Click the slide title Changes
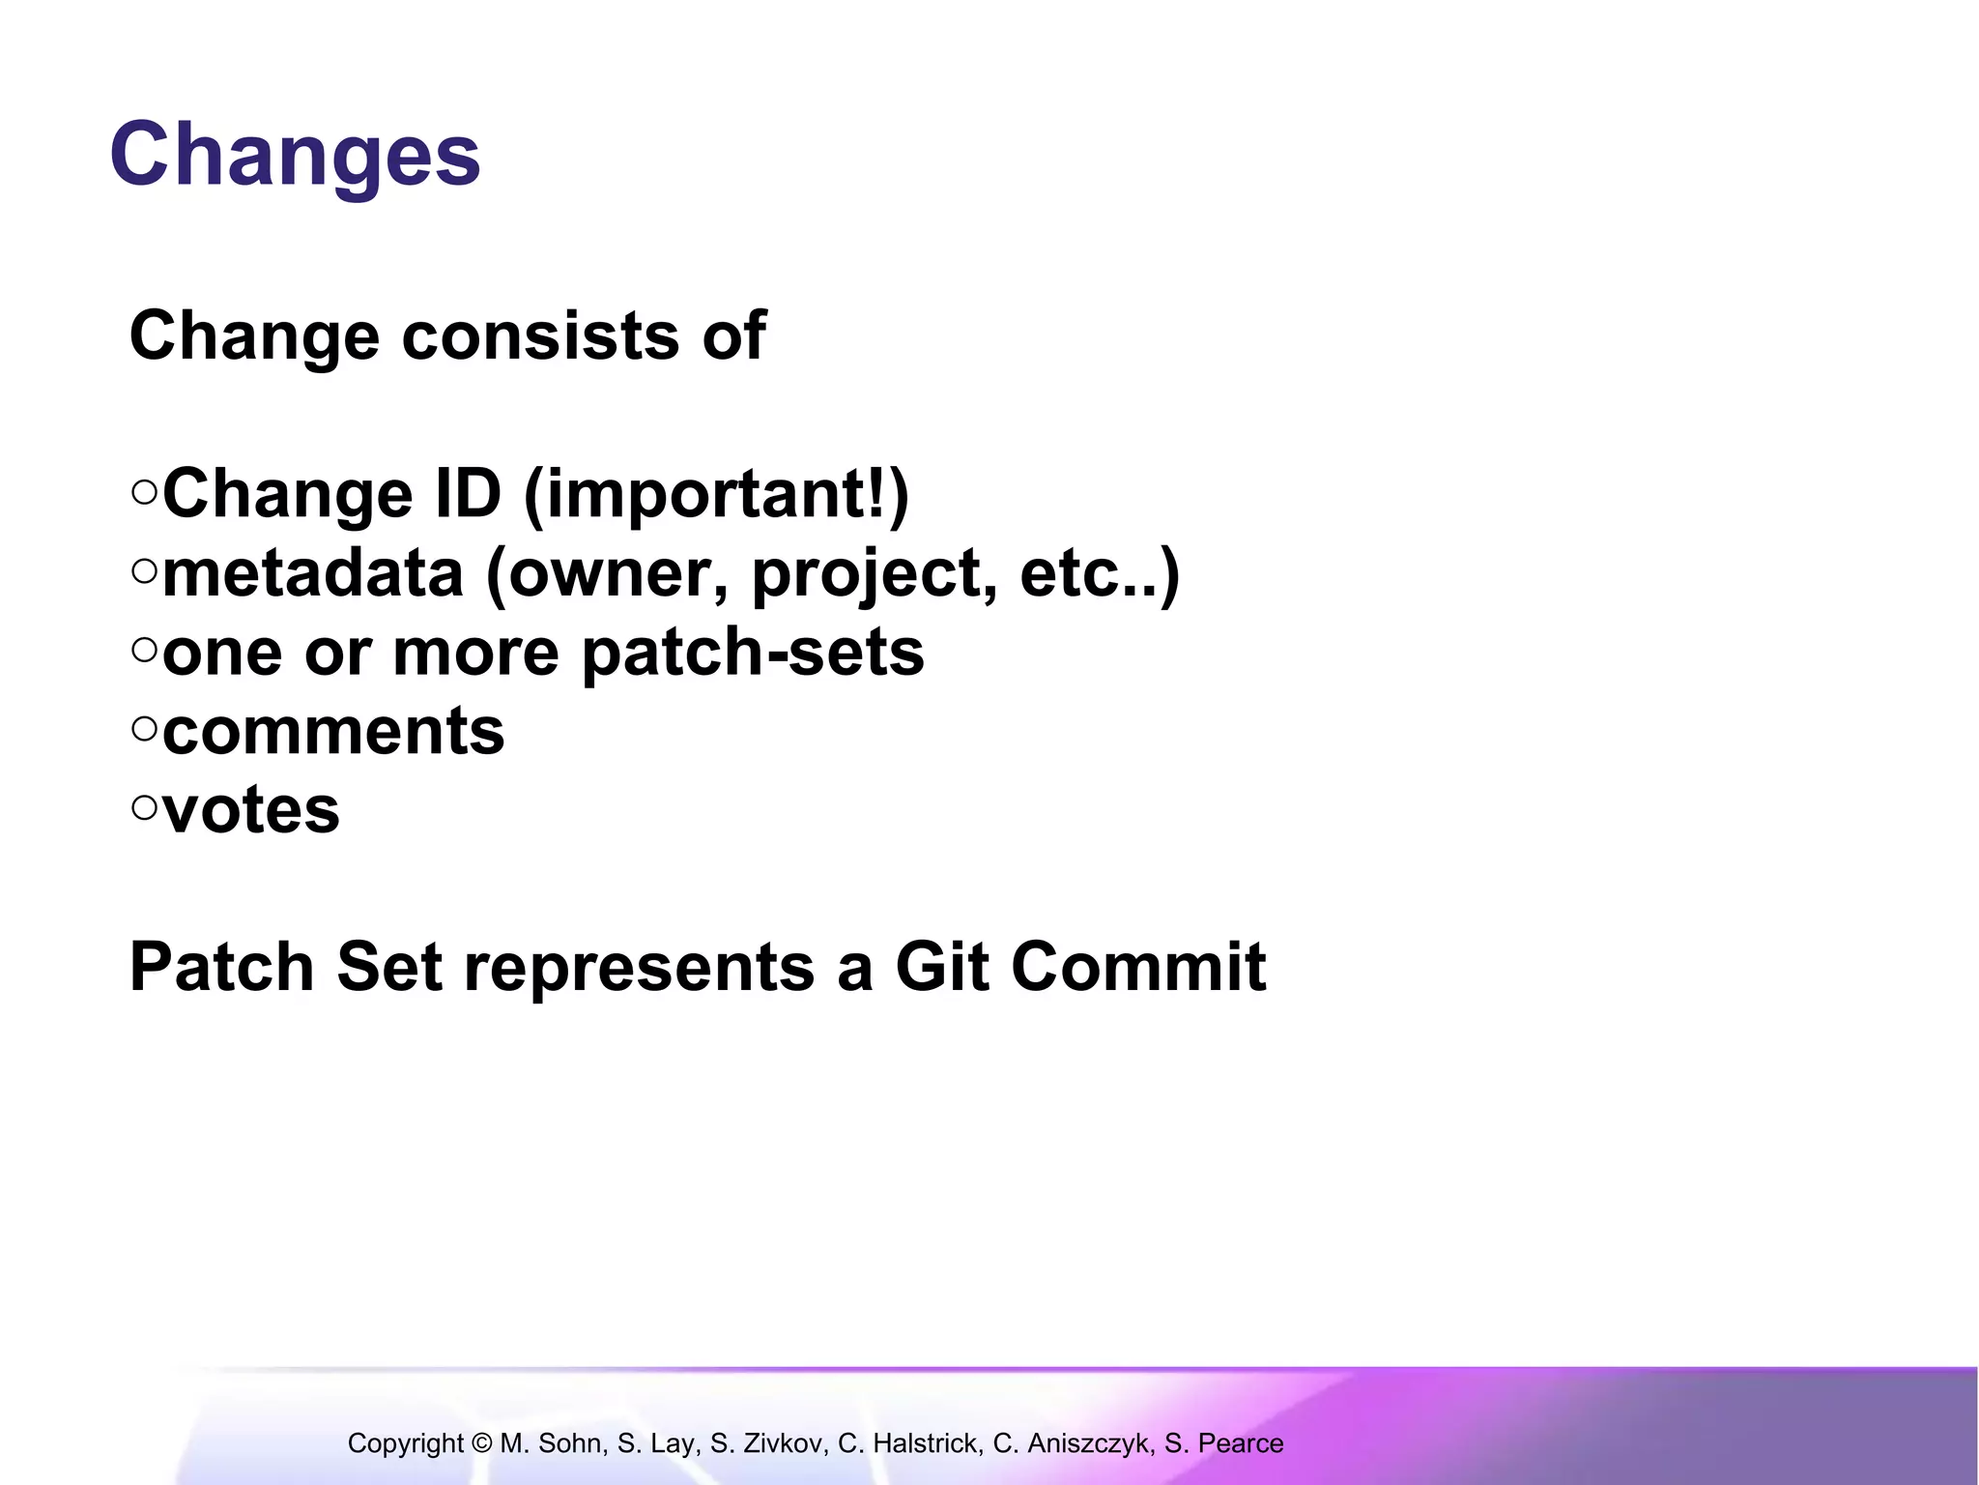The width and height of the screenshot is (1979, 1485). tap(295, 155)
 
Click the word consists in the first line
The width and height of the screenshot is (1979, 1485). tap(540, 336)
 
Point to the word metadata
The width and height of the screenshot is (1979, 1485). tap(313, 573)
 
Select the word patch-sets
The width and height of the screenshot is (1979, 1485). tap(753, 654)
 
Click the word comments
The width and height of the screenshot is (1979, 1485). tap(333, 732)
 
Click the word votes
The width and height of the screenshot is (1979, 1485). tap(251, 810)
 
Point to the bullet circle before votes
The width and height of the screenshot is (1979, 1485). tap(144, 808)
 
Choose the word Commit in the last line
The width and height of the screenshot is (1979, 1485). tap(1138, 967)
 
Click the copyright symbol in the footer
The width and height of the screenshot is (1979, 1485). tap(482, 1443)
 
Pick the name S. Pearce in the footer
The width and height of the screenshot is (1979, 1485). tap(1223, 1443)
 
